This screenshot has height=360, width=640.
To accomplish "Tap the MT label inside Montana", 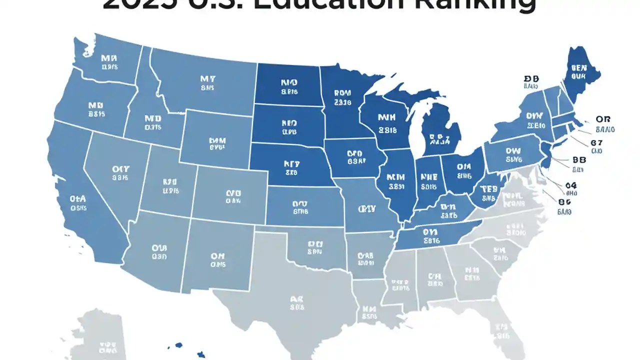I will pos(207,79).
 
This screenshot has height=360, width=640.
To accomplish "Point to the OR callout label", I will pos(602,119).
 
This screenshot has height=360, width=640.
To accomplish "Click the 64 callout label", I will pos(571,185).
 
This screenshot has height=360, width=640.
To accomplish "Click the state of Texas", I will pos(295,305).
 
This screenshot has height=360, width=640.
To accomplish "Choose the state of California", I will pos(80,200).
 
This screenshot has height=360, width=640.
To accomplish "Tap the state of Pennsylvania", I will pos(512,155).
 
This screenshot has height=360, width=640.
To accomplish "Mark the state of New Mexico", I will pos(217,257).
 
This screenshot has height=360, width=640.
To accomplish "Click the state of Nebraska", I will pos(290,165).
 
